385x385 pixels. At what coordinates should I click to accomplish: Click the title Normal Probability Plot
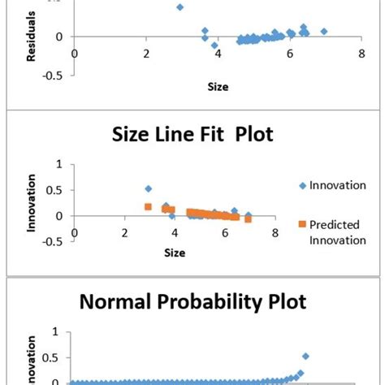click(x=192, y=302)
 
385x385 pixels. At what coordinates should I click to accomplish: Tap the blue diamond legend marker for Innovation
click(x=303, y=186)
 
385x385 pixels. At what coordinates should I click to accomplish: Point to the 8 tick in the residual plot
click(x=358, y=54)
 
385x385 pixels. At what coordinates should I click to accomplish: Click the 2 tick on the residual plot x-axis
click(x=146, y=54)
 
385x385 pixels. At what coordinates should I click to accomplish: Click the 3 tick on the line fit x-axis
click(x=124, y=233)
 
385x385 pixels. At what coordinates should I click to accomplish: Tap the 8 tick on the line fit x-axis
click(x=275, y=233)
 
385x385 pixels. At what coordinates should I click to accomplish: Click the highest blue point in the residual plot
click(x=180, y=7)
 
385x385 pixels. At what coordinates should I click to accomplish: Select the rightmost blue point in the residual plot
click(x=323, y=32)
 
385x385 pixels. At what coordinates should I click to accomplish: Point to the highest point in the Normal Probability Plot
click(x=305, y=356)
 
